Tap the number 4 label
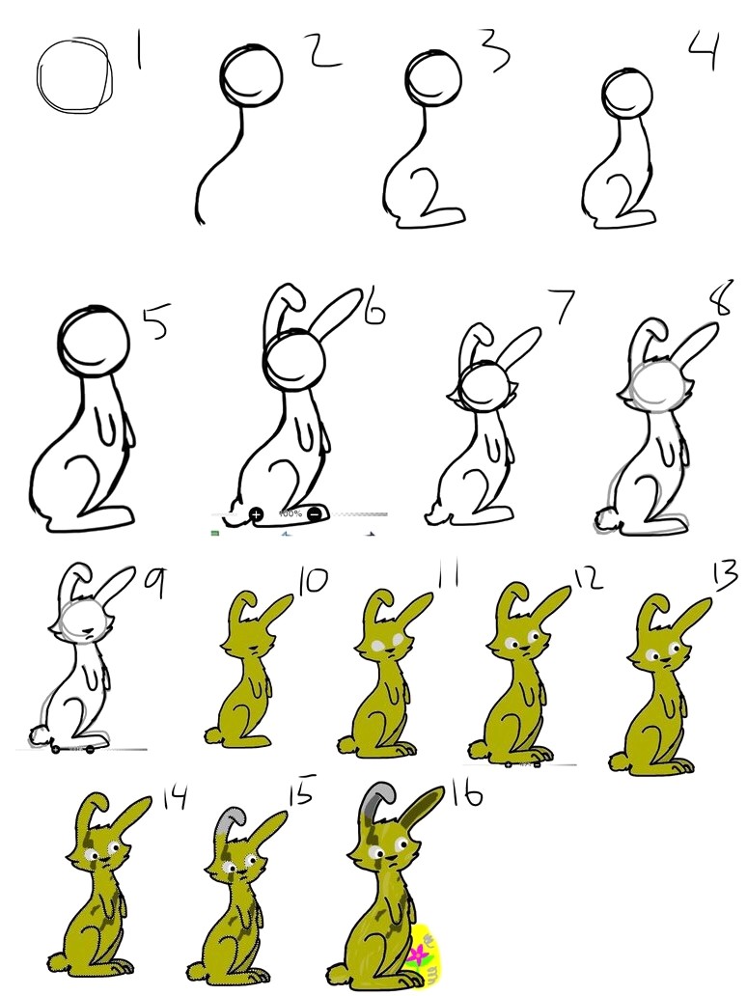pyautogui.click(x=703, y=50)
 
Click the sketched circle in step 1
pyautogui.click(x=73, y=73)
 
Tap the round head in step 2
pyautogui.click(x=253, y=71)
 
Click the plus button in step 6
pyautogui.click(x=257, y=514)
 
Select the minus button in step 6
pyautogui.click(x=315, y=513)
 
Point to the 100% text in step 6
pyautogui.click(x=287, y=512)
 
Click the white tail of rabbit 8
pyautogui.click(x=606, y=521)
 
